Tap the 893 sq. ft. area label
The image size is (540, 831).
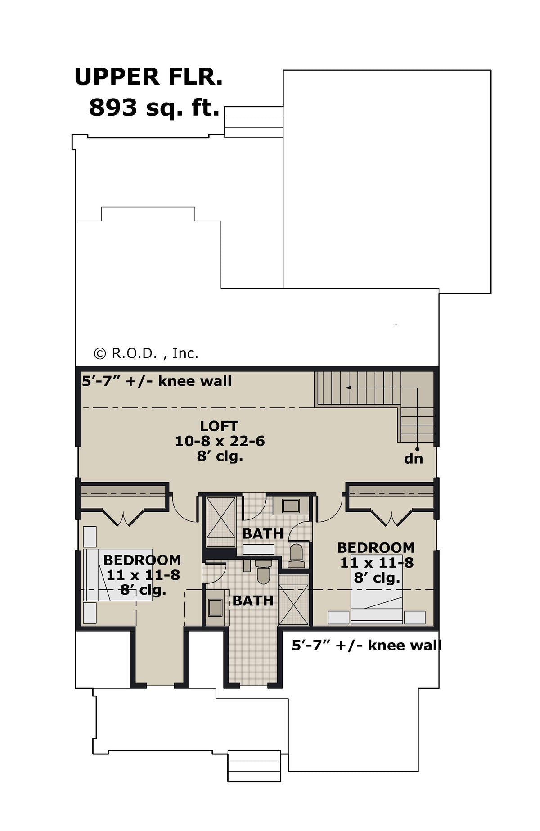154,108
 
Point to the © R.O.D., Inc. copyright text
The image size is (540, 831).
146,353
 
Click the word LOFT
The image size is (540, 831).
219,425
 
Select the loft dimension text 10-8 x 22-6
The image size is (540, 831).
220,441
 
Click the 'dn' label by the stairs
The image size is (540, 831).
414,459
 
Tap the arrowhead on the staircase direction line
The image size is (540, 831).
348,387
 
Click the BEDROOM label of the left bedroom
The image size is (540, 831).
142,560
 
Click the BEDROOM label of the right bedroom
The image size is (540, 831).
376,547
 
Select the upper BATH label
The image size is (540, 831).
263,534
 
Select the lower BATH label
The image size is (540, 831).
253,601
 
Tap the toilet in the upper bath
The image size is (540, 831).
296,555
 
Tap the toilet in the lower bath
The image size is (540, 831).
263,571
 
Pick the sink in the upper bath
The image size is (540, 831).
291,506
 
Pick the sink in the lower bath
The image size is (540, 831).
215,607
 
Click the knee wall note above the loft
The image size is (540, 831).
157,381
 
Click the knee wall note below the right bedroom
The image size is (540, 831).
366,645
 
